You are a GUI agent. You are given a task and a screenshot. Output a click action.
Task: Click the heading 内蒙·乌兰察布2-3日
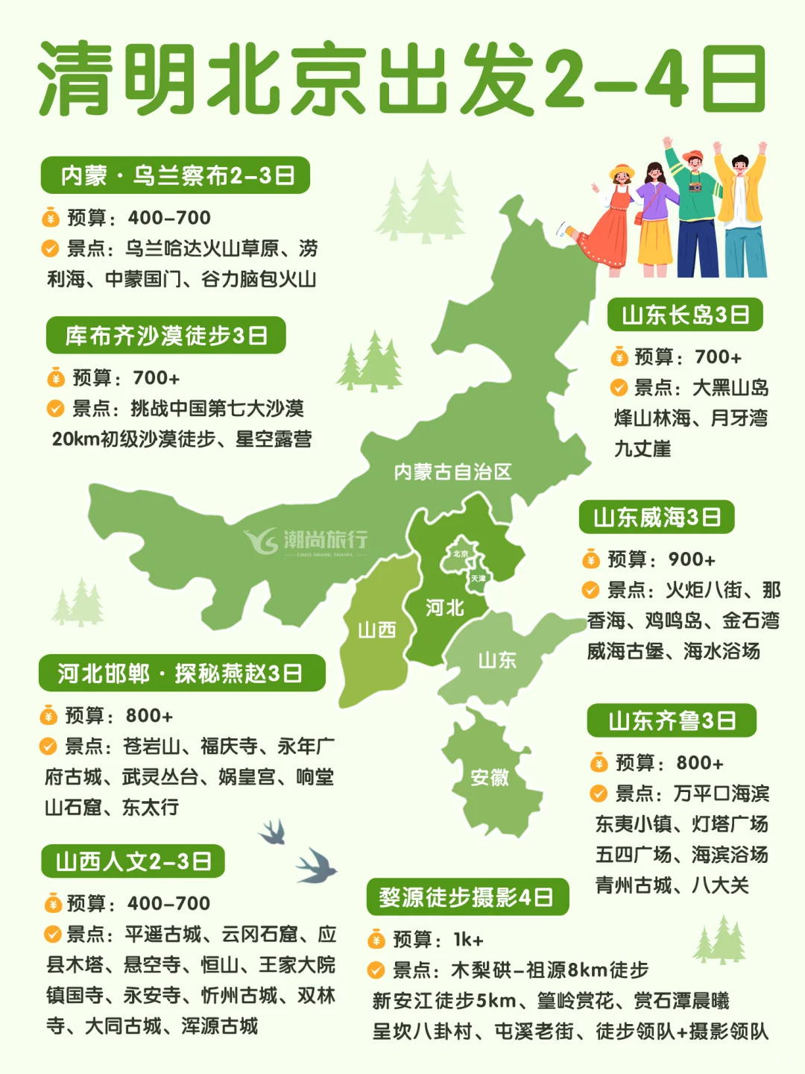click(175, 175)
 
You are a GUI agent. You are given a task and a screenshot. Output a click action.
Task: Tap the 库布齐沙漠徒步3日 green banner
click(166, 336)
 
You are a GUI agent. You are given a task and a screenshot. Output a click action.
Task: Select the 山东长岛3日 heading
click(685, 315)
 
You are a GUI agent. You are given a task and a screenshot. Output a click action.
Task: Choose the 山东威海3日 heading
click(657, 517)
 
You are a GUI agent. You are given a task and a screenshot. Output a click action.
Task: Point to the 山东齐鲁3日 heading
click(672, 720)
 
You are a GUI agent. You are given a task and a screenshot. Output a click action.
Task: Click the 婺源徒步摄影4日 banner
click(467, 897)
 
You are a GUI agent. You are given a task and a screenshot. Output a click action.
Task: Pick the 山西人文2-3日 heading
click(133, 862)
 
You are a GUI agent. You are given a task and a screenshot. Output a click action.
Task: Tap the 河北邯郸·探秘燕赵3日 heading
click(181, 673)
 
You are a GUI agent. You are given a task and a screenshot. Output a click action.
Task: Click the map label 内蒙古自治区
click(452, 471)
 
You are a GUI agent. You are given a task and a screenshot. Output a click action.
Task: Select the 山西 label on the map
click(376, 630)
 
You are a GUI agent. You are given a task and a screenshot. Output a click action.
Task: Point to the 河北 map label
click(444, 608)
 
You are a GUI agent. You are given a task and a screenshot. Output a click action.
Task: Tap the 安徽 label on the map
click(489, 777)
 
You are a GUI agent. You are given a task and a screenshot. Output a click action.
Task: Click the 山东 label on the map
click(496, 660)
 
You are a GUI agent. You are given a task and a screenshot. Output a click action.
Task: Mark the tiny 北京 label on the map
click(461, 553)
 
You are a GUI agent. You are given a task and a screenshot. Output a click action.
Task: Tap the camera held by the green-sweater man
click(695, 187)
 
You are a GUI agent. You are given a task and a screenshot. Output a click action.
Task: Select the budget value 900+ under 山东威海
click(692, 559)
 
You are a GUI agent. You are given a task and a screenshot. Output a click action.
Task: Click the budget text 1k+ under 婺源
click(468, 940)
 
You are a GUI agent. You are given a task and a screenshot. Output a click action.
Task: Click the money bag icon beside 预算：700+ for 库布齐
click(56, 378)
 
